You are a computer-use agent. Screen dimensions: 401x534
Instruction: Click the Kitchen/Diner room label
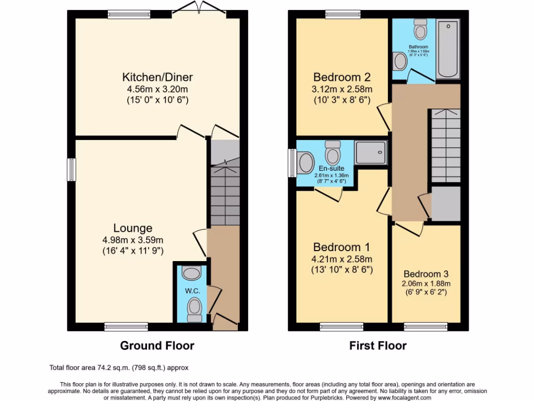tap(157, 77)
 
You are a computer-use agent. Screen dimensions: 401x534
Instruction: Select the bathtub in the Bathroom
tap(447, 49)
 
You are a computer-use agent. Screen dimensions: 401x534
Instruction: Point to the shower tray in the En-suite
tap(371, 152)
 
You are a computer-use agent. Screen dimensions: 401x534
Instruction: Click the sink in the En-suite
tap(306, 162)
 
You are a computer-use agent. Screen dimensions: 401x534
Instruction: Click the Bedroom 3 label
tap(426, 274)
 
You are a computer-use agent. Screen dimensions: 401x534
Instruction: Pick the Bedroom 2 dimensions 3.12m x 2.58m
tap(342, 89)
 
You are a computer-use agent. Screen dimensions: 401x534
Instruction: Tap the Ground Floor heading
tap(157, 345)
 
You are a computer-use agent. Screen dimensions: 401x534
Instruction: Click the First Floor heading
tap(378, 345)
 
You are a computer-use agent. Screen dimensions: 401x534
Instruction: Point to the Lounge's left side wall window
tap(71, 170)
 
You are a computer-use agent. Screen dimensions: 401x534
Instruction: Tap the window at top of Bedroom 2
tap(342, 15)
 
